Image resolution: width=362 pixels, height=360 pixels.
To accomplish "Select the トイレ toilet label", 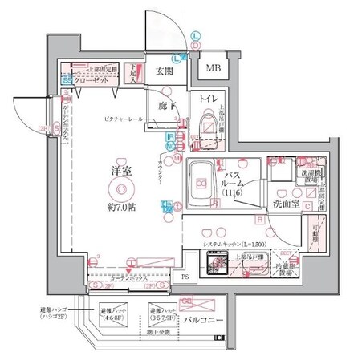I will tap(204, 99).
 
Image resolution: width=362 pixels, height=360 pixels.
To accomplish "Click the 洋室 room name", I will tap(120, 172).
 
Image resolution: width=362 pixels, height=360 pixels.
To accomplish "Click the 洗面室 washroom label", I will tap(287, 204).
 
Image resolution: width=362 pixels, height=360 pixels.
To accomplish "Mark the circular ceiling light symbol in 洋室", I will tap(120, 190).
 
